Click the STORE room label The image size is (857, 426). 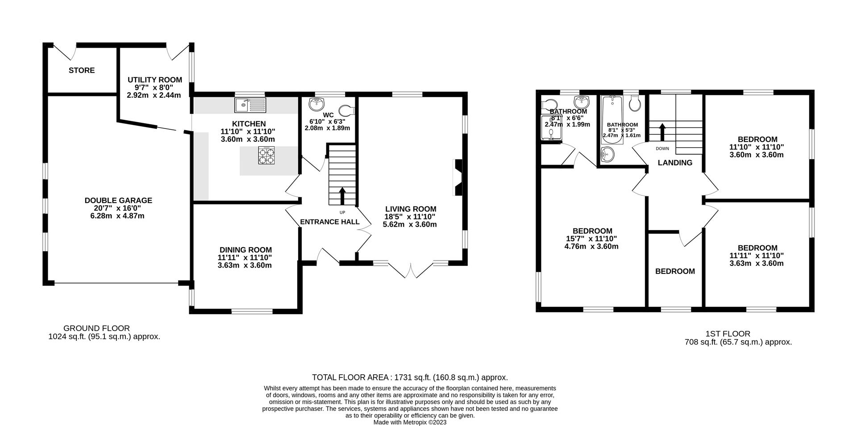coord(82,70)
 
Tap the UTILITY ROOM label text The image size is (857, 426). coord(154,80)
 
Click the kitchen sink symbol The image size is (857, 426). coord(250,105)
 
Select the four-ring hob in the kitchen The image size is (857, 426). coord(266,156)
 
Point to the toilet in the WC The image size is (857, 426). coord(346,110)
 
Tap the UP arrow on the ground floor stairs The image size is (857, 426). coord(342,195)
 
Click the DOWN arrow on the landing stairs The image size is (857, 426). coord(662,132)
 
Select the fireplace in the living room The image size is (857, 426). coord(458,177)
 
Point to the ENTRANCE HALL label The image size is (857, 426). coord(329,222)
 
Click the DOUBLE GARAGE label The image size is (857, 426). coord(118,201)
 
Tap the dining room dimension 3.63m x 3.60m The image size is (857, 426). coord(245,265)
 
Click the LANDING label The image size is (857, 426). coord(675,163)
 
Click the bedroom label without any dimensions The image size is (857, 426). coord(674,271)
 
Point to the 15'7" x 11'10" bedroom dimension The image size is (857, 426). coord(592,239)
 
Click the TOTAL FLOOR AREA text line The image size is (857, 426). coord(409,377)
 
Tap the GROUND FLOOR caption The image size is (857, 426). coord(96,328)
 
